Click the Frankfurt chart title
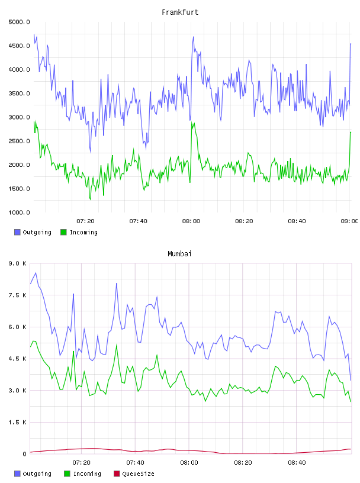tap(180, 12)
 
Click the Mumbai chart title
tap(179, 254)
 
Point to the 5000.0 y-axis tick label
tap(19, 22)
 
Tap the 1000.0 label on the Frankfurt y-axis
tap(19, 212)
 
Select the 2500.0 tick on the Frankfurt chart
tap(19, 141)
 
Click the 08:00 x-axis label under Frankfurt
tap(191, 221)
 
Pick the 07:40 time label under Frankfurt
tap(138, 221)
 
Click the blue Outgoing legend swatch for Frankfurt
tap(17, 232)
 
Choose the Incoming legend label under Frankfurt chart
tap(83, 232)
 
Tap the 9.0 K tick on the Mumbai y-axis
tap(18, 263)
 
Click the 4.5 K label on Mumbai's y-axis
tap(18, 359)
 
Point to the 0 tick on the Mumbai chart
tap(24, 454)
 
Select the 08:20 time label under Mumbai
tap(243, 463)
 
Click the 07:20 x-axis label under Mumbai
tap(81, 463)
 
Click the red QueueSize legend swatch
tap(117, 474)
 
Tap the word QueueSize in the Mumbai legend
tap(138, 474)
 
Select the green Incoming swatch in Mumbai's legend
tap(67, 474)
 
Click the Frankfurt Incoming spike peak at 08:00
tap(192, 122)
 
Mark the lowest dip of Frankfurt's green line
tap(91, 199)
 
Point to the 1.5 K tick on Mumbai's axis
tap(18, 422)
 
